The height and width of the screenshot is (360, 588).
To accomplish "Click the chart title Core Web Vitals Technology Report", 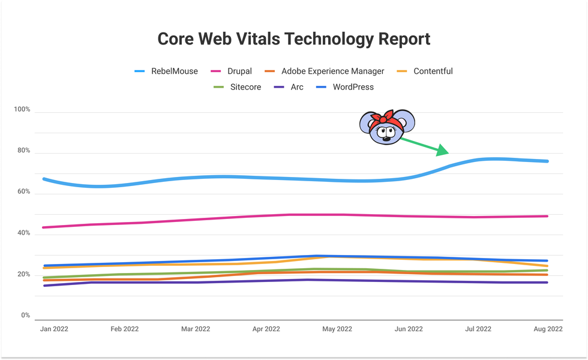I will (x=293, y=39).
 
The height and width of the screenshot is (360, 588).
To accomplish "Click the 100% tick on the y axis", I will (x=22, y=110).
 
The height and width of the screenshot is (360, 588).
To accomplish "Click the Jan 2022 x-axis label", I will (x=55, y=329).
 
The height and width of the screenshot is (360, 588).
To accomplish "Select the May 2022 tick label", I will (x=337, y=329).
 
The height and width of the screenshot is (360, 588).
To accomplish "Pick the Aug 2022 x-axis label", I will (x=548, y=329).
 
